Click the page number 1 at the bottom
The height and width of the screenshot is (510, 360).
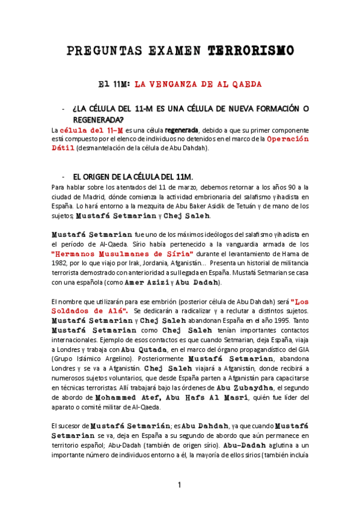pos(180,485)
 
